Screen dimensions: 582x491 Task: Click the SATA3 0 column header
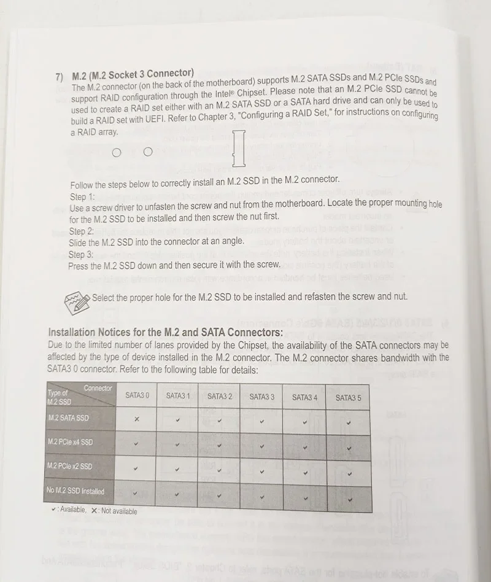(x=137, y=396)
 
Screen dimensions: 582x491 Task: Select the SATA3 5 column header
(x=348, y=398)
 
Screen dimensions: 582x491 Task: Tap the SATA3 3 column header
(x=261, y=397)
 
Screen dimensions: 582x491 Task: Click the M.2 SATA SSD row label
(x=68, y=418)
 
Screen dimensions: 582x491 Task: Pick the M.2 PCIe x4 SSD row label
(x=70, y=442)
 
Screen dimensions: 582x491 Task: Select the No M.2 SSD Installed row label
(x=75, y=491)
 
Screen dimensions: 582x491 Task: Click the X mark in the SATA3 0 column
(x=136, y=419)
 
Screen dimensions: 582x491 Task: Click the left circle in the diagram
(x=117, y=153)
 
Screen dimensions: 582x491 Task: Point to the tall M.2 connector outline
(x=239, y=149)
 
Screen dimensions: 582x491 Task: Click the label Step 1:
(x=82, y=197)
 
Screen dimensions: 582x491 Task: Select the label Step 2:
(x=81, y=231)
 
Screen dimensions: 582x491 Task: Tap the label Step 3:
(x=80, y=255)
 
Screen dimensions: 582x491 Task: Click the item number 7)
(x=60, y=77)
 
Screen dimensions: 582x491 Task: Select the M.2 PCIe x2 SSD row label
(x=69, y=466)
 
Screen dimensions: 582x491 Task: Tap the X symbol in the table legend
(x=94, y=511)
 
